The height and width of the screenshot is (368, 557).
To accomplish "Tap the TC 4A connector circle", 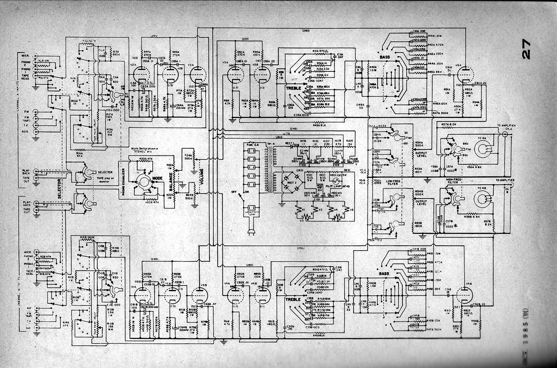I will pos(483,150).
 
